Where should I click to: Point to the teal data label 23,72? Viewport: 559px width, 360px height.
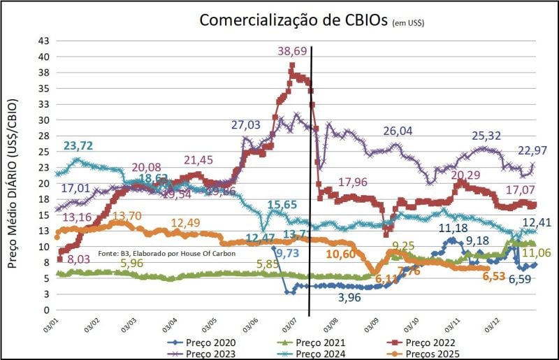pyautogui.click(x=80, y=145)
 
